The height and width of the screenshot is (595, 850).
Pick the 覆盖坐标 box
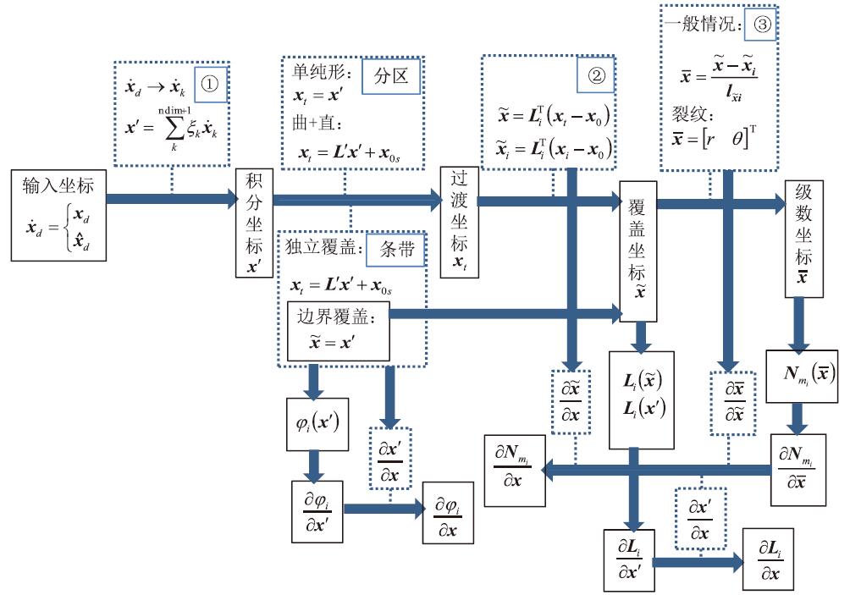point(637,251)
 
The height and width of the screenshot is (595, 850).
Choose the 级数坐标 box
point(803,239)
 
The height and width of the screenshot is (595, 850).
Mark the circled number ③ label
point(761,25)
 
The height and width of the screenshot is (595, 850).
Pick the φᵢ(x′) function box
point(314,421)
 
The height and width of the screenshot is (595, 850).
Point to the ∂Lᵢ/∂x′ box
point(628,559)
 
